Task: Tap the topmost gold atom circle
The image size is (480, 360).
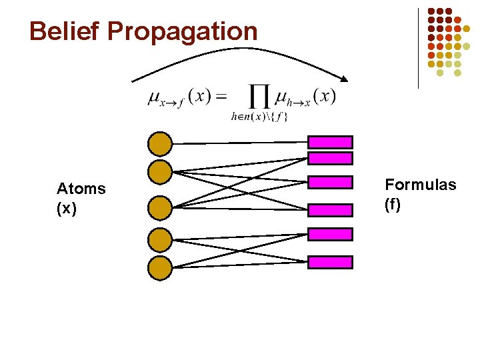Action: (x=160, y=143)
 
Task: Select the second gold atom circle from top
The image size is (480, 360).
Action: (x=160, y=171)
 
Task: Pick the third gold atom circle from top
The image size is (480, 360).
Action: (x=160, y=207)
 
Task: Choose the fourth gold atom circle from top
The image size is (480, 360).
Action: (x=160, y=239)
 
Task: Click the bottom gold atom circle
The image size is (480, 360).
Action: (x=160, y=267)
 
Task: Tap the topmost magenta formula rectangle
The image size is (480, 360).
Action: (x=330, y=141)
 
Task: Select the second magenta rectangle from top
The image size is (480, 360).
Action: (x=330, y=158)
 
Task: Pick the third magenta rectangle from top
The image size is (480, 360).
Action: (x=330, y=182)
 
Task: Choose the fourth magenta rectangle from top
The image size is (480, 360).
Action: (x=330, y=207)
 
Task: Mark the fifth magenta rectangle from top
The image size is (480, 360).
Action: (x=330, y=234)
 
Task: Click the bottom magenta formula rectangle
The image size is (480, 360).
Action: (x=330, y=262)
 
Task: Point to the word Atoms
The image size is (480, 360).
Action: (x=81, y=189)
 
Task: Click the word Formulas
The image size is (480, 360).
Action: (x=421, y=185)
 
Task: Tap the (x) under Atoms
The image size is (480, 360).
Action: (x=67, y=209)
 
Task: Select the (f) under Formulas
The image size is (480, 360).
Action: (x=393, y=205)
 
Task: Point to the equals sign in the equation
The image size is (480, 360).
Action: (x=222, y=97)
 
